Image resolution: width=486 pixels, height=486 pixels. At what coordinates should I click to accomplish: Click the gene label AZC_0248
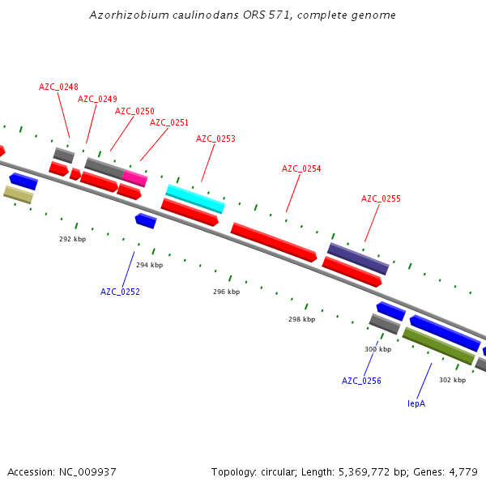click(x=58, y=87)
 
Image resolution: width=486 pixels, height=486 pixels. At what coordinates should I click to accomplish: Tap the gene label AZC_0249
click(x=97, y=99)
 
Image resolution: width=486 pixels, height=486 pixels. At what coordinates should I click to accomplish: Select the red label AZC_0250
click(x=134, y=111)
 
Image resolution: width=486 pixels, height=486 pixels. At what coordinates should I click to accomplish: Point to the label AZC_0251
click(x=169, y=122)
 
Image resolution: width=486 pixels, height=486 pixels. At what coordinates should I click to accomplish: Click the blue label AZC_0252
click(x=120, y=292)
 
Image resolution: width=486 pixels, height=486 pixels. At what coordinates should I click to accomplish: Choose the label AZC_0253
click(x=215, y=139)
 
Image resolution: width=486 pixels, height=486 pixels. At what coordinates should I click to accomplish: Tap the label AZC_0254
click(x=301, y=168)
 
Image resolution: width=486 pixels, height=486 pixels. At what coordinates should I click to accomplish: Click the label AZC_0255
click(x=381, y=198)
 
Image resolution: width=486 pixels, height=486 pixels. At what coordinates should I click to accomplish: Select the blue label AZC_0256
click(x=361, y=381)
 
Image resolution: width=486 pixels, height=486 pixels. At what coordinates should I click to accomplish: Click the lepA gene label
click(x=416, y=403)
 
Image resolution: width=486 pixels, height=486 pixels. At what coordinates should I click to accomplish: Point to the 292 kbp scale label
click(x=72, y=239)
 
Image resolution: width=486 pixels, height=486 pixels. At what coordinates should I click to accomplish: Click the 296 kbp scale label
click(x=226, y=292)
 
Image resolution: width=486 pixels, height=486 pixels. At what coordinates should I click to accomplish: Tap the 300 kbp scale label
click(x=377, y=349)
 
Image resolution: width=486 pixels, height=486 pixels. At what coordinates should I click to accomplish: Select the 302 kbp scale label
click(x=452, y=380)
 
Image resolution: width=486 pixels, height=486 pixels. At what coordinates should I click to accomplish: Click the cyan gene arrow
click(x=195, y=198)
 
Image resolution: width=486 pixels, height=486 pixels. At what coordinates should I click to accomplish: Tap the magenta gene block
click(x=134, y=178)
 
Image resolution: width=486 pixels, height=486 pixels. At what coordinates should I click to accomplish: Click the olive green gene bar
click(x=438, y=345)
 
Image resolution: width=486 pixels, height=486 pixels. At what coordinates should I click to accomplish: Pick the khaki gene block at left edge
click(x=19, y=194)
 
